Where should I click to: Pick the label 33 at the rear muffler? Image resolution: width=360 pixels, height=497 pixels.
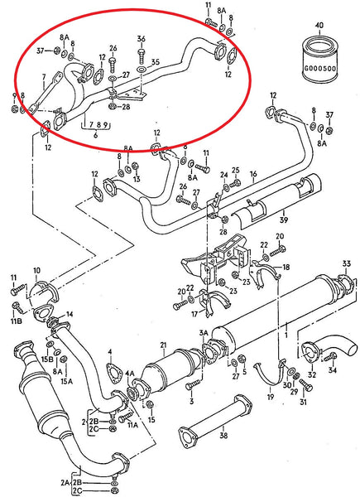click(346, 264)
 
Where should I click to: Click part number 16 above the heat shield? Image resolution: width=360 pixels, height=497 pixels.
click(253, 175)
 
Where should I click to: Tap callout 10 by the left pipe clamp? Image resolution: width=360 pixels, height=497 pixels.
click(36, 271)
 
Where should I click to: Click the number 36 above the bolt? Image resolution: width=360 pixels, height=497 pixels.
click(142, 39)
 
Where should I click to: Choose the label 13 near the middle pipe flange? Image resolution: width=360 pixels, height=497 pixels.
click(137, 179)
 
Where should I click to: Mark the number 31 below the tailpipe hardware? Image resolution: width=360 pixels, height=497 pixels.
click(303, 403)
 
